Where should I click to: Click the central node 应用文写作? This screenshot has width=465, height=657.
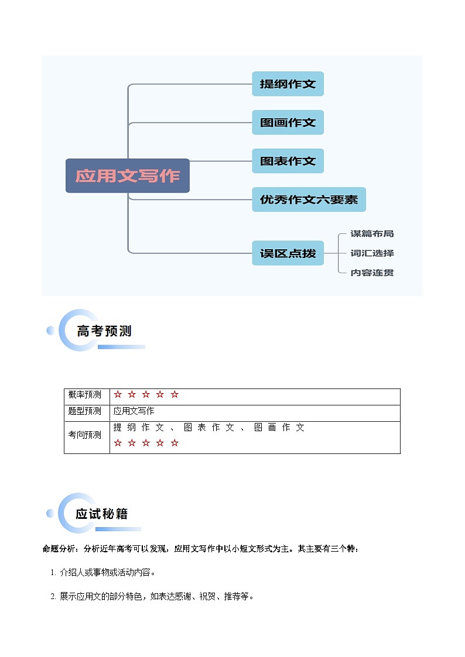coord(128,176)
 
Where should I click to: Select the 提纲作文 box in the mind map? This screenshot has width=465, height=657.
coord(288,84)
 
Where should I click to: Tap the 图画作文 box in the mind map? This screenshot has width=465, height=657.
coord(288,123)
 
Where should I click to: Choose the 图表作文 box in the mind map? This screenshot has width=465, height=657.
coord(288,161)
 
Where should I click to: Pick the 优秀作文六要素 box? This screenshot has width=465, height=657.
coord(309,199)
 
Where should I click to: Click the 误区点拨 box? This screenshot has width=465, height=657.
coord(288,253)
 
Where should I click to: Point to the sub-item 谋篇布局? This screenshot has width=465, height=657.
coord(372,234)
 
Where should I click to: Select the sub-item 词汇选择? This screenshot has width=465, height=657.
coord(372,253)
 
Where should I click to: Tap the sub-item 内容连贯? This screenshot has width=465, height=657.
coord(372,273)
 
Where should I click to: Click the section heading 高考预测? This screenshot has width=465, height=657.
coord(104,331)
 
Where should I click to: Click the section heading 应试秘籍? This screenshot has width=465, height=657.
coord(101,514)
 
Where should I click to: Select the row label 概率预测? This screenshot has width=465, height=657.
coord(85,395)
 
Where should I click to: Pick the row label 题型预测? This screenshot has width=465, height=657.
coord(85,411)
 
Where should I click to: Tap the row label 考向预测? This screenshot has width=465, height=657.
coord(85,435)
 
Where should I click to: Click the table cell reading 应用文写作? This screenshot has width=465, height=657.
coord(134,411)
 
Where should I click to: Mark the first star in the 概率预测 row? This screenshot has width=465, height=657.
coord(118,395)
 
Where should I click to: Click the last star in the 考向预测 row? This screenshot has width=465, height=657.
coord(175,443)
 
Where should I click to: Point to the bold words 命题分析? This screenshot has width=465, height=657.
coord(59,549)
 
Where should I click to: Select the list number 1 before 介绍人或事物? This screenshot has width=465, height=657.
coord(53,573)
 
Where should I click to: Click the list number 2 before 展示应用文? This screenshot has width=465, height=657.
coord(53,597)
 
